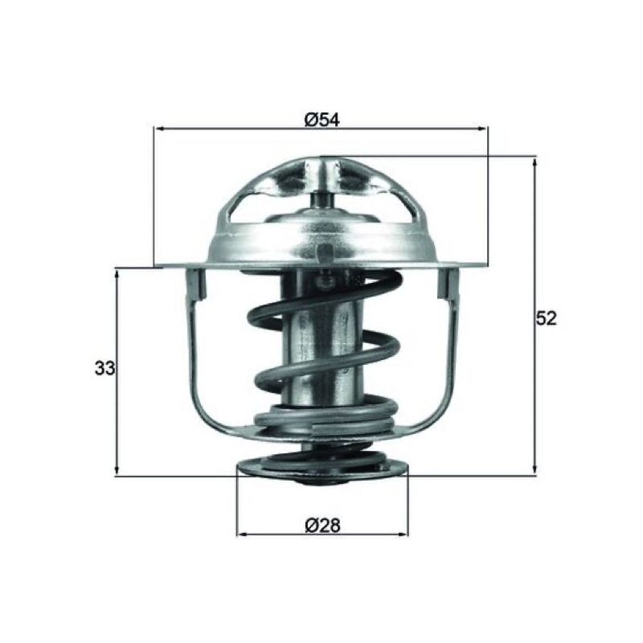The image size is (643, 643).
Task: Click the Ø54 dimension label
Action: coord(322,120)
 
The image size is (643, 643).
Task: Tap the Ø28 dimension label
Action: coord(322,525)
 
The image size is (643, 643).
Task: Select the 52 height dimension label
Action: coord(547,318)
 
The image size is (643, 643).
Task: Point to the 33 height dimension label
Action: coord(105,368)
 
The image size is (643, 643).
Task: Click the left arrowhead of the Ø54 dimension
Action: coord(158,129)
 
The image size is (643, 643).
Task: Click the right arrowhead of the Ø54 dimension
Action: coord(483,129)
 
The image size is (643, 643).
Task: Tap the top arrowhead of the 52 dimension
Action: coord(534,162)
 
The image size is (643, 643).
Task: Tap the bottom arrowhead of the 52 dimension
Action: coord(534,470)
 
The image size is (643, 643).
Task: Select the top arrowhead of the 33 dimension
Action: coord(117,273)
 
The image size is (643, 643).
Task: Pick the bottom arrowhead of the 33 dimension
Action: coord(117,470)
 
